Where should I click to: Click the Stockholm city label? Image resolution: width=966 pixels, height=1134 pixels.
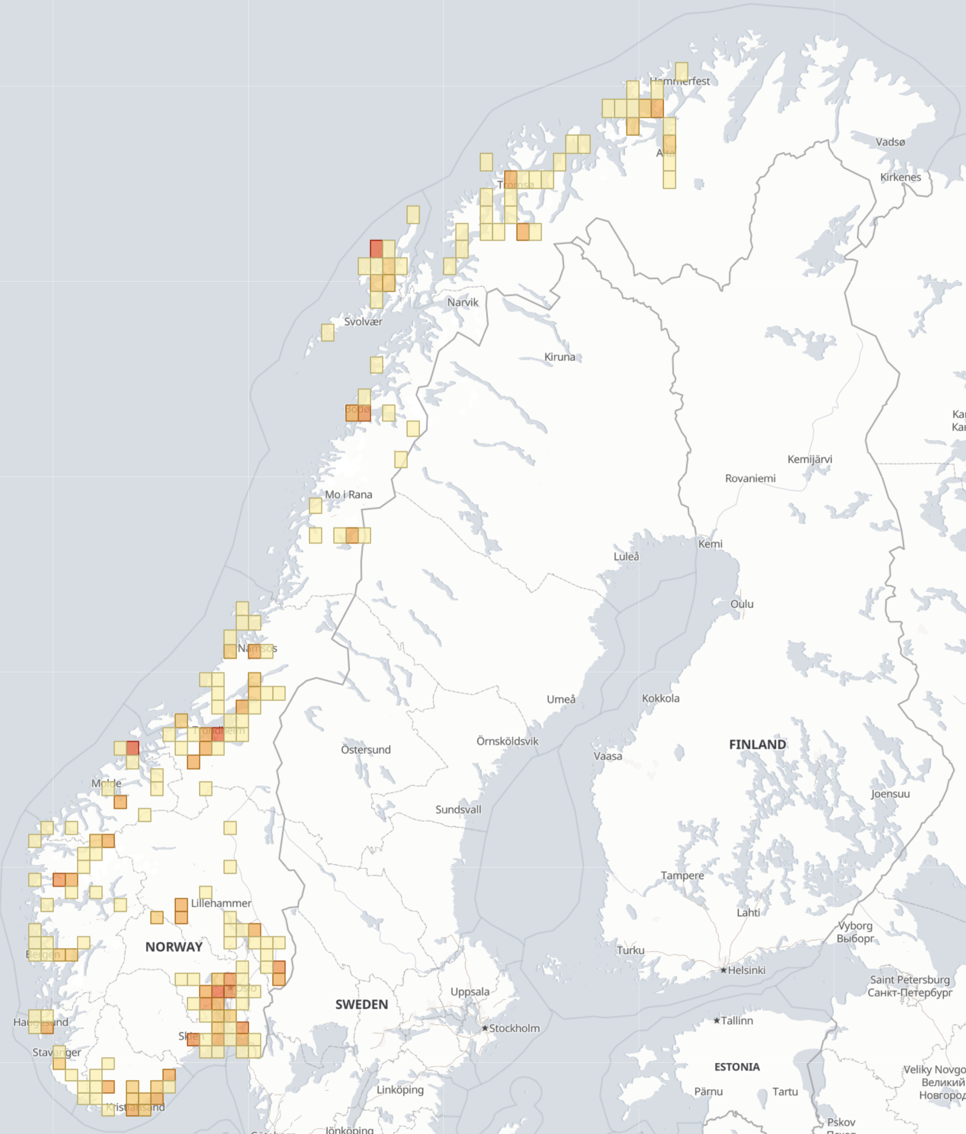coord(514,1028)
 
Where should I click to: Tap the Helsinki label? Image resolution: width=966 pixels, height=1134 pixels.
coord(746,970)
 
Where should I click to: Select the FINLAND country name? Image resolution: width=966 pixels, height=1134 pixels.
coord(758,744)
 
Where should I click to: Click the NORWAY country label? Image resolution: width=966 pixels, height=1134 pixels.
coord(174,947)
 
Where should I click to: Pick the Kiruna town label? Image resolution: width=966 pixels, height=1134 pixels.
coord(559,357)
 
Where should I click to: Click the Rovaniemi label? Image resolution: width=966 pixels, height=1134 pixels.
coord(750,479)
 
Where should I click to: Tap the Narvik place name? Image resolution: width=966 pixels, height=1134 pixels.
coord(463,302)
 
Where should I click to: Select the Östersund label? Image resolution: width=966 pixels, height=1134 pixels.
coord(366,749)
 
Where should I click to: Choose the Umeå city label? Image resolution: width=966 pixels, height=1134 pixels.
coord(561,699)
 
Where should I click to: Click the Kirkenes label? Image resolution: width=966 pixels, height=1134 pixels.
coord(900,177)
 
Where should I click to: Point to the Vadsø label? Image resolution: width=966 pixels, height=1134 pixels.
coord(890,142)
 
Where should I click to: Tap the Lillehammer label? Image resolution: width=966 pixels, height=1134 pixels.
coord(221,903)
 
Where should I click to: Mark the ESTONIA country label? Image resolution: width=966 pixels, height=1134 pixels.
coord(737,1067)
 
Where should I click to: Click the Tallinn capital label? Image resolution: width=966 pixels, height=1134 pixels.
coord(737,1021)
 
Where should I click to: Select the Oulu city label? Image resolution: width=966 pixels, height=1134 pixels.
coord(742,604)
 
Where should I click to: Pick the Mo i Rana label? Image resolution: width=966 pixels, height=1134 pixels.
coord(348,494)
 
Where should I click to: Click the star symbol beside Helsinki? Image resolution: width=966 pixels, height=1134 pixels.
coord(723,970)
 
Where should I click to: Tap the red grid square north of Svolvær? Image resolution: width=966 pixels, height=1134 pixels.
coord(376,249)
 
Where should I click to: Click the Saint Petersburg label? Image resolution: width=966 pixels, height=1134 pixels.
coord(910,979)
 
